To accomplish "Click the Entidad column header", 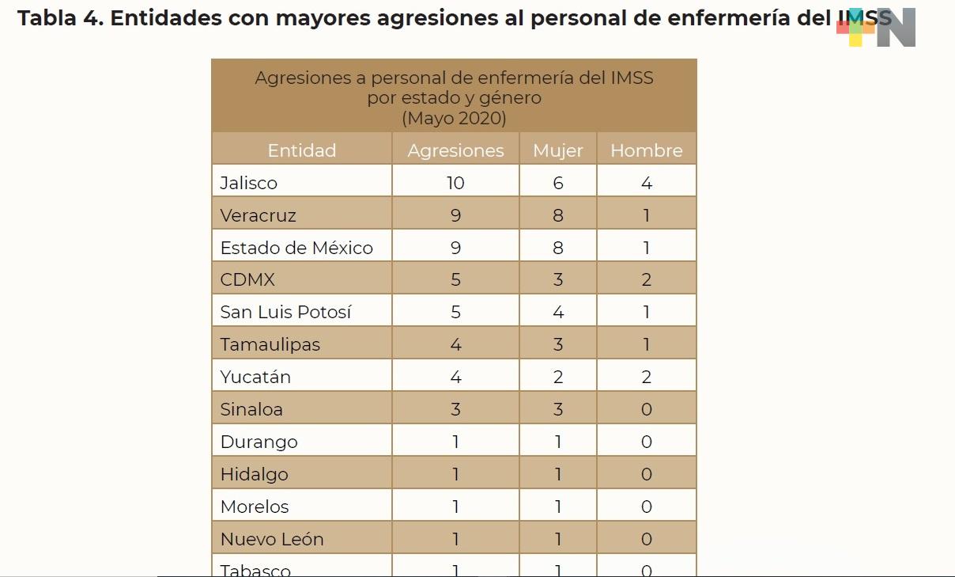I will (301, 150).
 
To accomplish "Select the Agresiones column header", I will (455, 150).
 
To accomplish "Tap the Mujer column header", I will (558, 150).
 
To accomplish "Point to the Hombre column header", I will (647, 150).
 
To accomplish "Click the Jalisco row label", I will (249, 183).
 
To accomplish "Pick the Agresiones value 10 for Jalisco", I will (455, 183).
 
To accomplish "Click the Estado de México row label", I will (296, 248).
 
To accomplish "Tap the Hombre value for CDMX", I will (647, 279).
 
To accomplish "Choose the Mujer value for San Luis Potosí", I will (558, 312).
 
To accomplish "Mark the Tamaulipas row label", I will (270, 344).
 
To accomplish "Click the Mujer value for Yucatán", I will (558, 377).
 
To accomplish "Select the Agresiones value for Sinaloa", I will (455, 409).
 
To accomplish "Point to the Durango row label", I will (259, 442).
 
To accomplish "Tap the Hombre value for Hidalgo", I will (647, 474).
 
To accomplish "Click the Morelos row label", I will (255, 507).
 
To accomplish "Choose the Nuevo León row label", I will (272, 539).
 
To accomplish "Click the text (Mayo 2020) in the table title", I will (454, 119).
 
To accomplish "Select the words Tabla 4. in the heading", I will (59, 18).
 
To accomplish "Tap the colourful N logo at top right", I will (878, 28).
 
